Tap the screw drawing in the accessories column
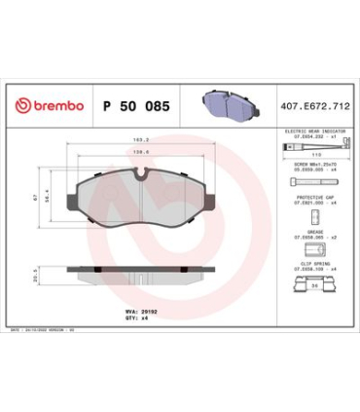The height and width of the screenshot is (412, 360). pos(308,182)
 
